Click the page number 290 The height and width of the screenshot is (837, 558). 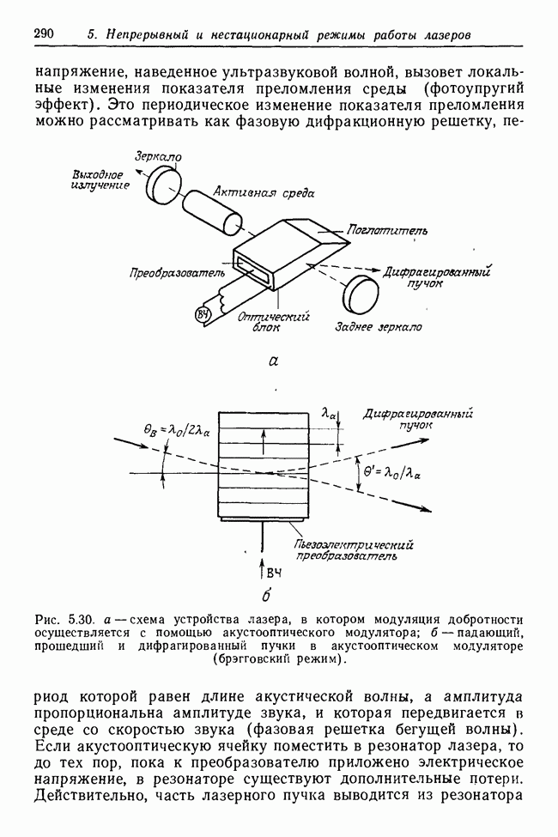(44, 34)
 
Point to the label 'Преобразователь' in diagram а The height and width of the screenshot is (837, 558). (176, 272)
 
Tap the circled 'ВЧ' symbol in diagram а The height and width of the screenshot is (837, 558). (204, 313)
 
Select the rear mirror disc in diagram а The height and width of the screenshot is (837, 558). (361, 294)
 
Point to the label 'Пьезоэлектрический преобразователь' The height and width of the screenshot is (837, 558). (353, 549)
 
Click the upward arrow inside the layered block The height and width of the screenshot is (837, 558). (264, 440)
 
